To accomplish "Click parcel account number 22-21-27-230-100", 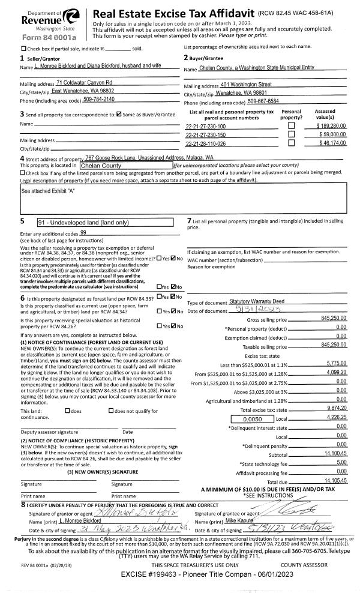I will pyautogui.click(x=206, y=127).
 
